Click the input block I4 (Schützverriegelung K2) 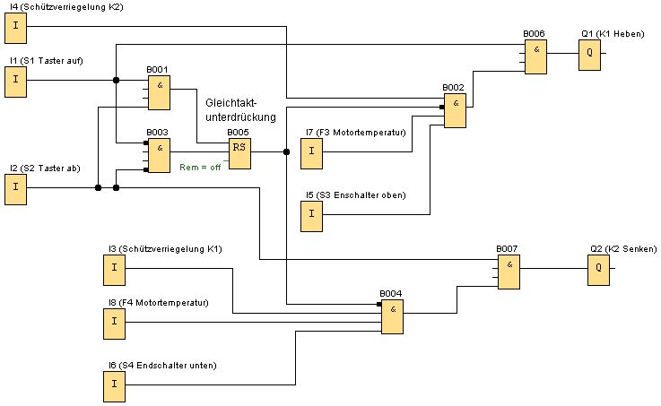pos(15,30)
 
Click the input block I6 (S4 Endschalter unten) pos(114,386)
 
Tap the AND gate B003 pos(159,156)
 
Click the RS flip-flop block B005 pos(239,153)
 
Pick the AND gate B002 pos(455,110)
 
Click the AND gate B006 pos(535,56)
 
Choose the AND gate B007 pos(509,272)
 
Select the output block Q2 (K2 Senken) pos(598,272)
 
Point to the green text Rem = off pos(200,168)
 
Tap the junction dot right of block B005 pos(286,151)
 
